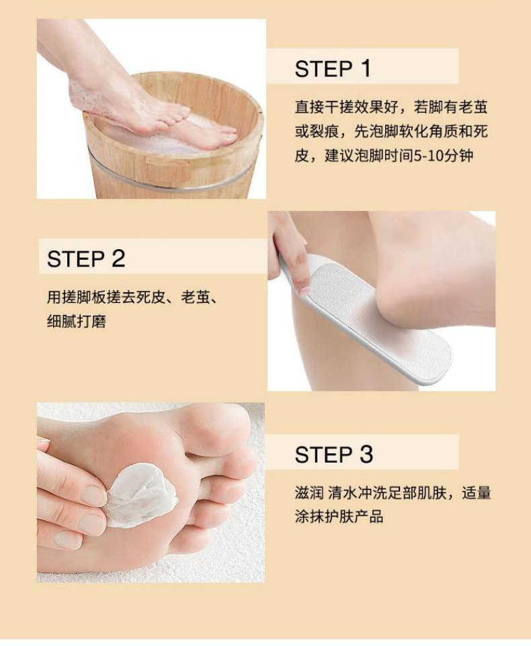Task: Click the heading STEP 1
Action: point(333,68)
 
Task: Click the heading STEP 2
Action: point(86,259)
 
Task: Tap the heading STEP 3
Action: point(333,454)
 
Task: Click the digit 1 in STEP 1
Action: point(366,68)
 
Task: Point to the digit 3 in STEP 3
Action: point(366,454)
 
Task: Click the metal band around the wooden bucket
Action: point(173,181)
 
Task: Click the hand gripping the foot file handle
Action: point(288,251)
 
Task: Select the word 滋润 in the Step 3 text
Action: point(309,493)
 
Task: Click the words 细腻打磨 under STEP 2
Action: point(76,322)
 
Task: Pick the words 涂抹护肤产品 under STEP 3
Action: point(339,516)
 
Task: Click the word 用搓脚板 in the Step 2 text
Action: point(76,297)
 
